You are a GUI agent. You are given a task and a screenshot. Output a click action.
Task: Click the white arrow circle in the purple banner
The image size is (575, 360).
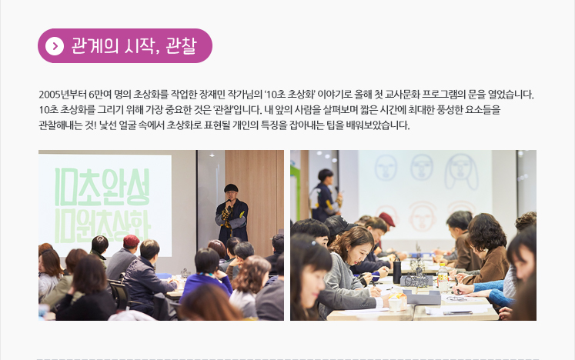(55, 46)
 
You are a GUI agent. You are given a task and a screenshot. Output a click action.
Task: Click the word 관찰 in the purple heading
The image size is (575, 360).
(181, 46)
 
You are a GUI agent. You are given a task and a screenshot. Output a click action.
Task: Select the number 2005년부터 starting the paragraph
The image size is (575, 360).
(62, 95)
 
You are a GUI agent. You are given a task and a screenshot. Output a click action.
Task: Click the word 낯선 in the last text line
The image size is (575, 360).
(108, 125)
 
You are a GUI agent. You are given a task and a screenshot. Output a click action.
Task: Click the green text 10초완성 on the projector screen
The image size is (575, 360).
(102, 187)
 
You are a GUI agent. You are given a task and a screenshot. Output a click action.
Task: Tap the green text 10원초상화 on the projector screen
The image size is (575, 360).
(102, 226)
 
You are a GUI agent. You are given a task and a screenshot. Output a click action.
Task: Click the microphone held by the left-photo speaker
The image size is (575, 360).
(229, 203)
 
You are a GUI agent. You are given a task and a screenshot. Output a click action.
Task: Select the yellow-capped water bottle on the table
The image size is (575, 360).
(443, 277)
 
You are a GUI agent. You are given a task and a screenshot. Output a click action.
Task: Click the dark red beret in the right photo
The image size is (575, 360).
(386, 218)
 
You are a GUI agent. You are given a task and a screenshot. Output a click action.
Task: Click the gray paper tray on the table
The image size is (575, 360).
(422, 297)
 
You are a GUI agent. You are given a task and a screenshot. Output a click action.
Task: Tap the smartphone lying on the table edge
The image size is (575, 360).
(458, 313)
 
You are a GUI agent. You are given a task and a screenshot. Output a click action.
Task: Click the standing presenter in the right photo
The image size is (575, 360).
(326, 195)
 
